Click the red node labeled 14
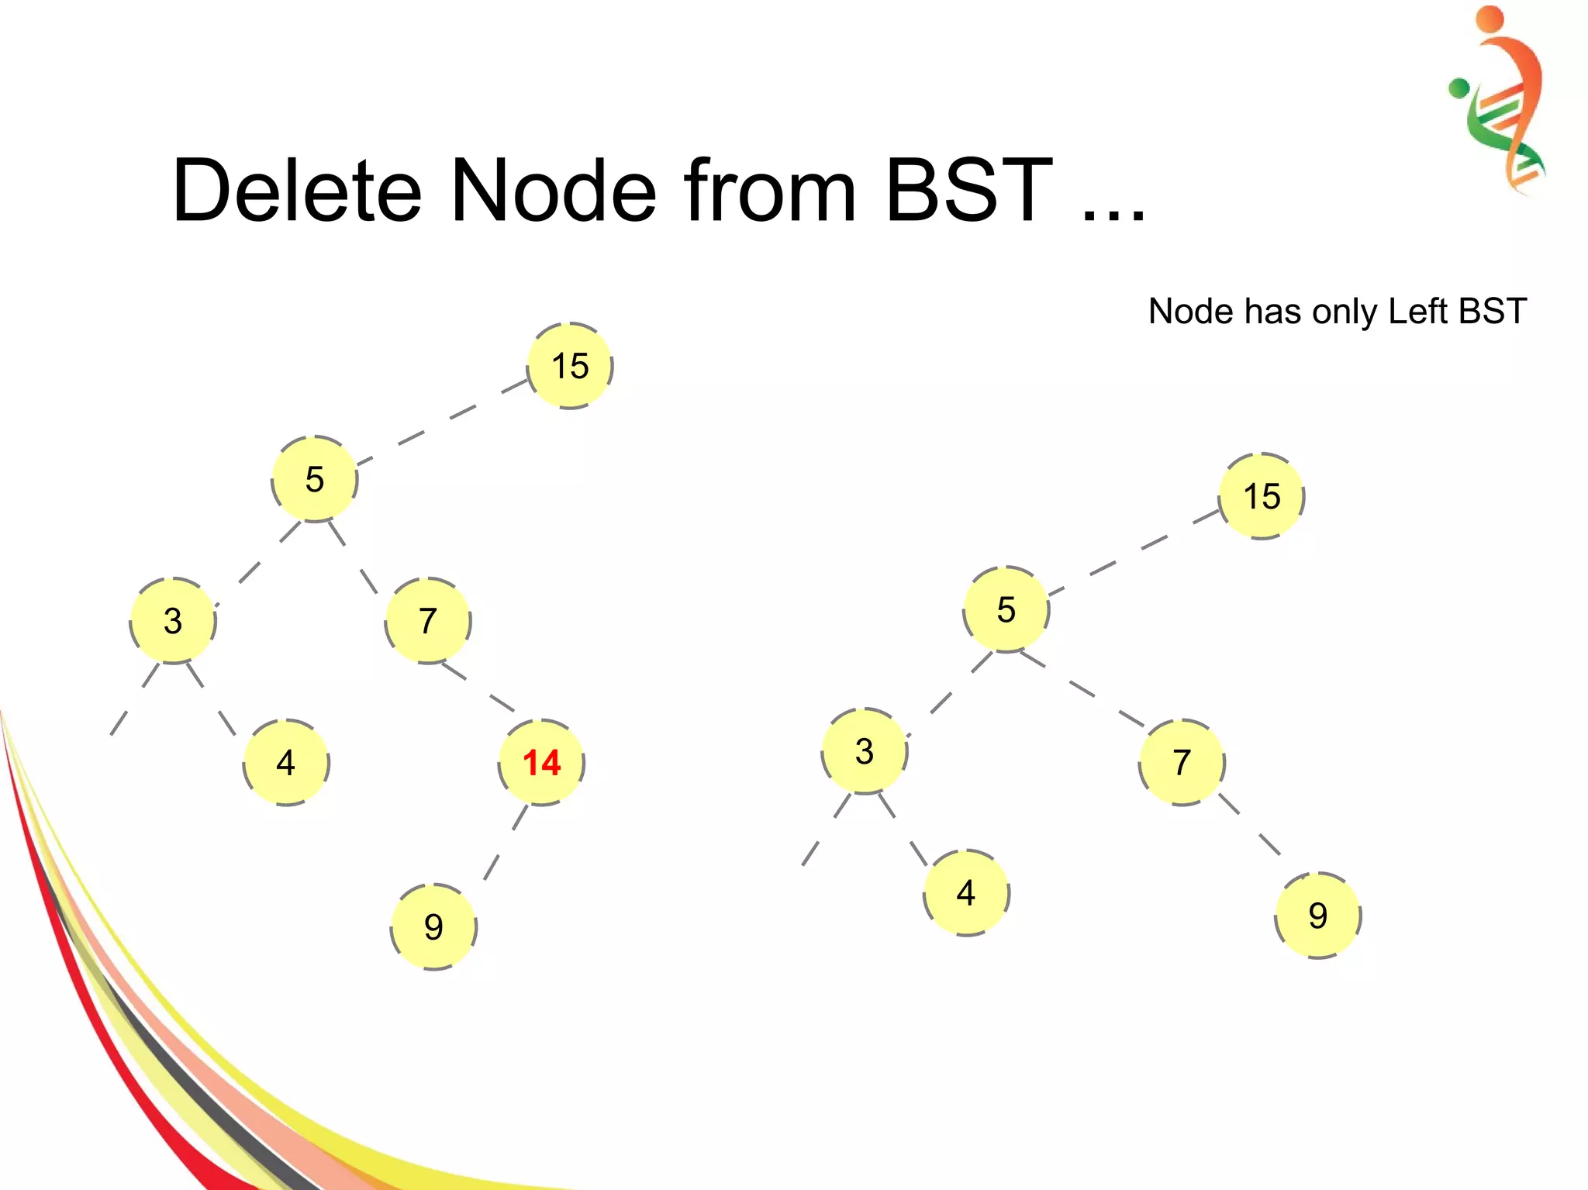tap(541, 763)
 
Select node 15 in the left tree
tap(570, 366)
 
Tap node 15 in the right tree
tap(1262, 496)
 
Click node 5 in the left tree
tap(315, 479)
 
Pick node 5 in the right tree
tap(1006, 609)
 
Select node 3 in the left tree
tap(173, 621)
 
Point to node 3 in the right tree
tap(865, 751)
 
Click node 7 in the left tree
tap(428, 621)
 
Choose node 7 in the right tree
tap(1182, 763)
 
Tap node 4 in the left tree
tap(286, 763)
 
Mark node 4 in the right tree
tap(966, 893)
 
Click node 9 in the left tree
tap(433, 926)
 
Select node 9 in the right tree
tap(1318, 916)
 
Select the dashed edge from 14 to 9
tap(505, 843)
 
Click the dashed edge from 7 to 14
tap(478, 687)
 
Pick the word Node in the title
tap(554, 191)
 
